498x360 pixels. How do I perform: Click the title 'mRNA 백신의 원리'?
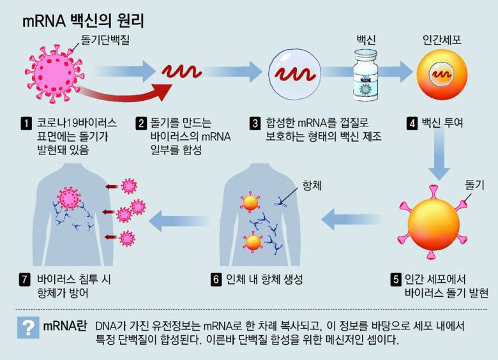click(83, 21)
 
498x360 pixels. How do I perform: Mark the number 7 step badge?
click(26, 279)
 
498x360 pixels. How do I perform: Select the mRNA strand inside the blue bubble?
click(293, 72)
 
